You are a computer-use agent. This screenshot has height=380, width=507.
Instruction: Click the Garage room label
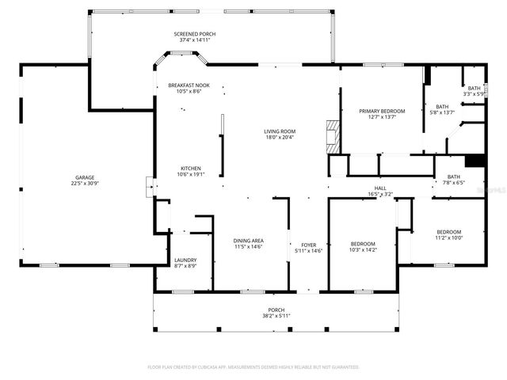(85, 177)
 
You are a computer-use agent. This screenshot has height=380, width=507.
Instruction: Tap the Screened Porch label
(195, 34)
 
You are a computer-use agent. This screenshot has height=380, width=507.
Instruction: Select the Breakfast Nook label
(189, 85)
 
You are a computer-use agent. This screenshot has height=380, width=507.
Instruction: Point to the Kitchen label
(190, 168)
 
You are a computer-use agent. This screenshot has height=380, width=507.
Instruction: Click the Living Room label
(280, 131)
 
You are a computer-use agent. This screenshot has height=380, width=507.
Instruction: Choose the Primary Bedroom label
(382, 112)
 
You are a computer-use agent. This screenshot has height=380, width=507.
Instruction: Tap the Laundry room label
(185, 259)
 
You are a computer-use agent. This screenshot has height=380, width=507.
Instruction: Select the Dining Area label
(249, 241)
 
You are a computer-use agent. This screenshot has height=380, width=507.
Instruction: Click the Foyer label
(308, 245)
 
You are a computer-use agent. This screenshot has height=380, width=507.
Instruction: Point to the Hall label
(380, 188)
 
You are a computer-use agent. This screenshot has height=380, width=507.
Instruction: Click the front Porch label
(276, 310)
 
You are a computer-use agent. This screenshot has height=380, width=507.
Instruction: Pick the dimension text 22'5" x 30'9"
(85, 184)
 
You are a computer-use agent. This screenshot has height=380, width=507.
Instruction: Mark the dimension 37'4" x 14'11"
(195, 40)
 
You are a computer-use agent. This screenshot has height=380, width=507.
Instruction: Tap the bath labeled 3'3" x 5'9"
(474, 91)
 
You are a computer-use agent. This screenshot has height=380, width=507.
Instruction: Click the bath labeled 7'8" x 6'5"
(453, 180)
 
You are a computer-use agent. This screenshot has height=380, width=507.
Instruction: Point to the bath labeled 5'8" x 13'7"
(441, 109)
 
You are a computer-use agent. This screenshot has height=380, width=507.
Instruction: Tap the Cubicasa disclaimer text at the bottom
(253, 367)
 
